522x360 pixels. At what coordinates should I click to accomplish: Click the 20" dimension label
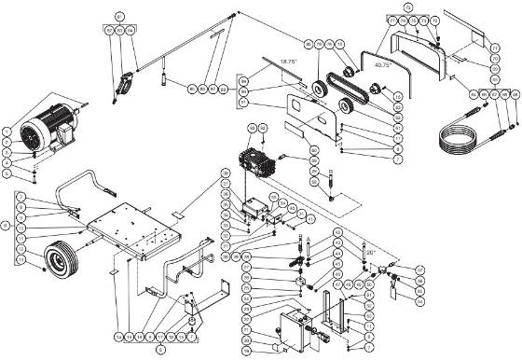click(x=370, y=252)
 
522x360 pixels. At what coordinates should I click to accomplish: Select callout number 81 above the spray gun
click(x=119, y=18)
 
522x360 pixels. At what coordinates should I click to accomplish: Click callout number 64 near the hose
click(x=474, y=94)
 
